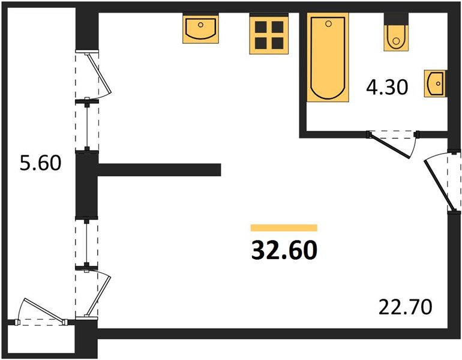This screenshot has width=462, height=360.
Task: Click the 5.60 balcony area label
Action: click(x=41, y=163)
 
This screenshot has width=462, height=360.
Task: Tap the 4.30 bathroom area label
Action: click(x=387, y=88)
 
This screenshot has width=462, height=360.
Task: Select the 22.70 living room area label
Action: click(x=405, y=308)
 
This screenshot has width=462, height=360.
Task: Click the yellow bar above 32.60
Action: click(x=284, y=227)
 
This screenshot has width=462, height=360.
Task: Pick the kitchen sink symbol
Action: click(x=200, y=28)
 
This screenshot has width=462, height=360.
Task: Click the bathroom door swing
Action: click(x=394, y=143)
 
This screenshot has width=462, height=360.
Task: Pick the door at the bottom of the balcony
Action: click(x=41, y=313)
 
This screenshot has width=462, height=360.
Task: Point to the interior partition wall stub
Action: click(x=159, y=170)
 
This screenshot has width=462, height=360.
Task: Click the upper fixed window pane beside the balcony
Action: click(x=87, y=125)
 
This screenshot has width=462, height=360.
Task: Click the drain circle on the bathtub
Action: click(x=329, y=23)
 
